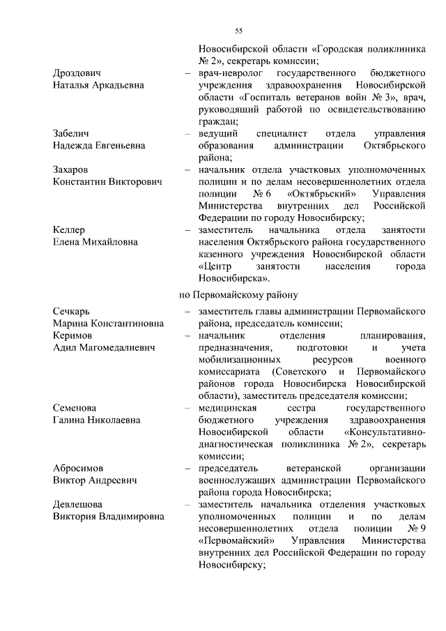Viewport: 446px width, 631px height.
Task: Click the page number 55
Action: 238,31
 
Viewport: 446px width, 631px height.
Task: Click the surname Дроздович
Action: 77,73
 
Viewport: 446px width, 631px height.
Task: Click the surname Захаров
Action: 73,169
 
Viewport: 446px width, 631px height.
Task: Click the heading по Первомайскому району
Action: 239,294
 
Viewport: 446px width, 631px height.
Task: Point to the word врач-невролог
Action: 230,73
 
